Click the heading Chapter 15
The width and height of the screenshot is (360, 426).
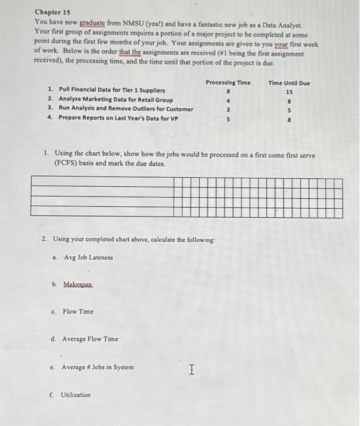tap(53, 12)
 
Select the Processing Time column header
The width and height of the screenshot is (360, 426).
tap(228, 83)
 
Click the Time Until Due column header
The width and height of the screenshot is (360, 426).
tap(289, 83)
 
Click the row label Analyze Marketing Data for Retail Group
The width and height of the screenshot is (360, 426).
tap(115, 100)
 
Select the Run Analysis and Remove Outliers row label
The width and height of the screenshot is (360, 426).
tap(125, 109)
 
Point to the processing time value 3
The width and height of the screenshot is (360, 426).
tap(228, 110)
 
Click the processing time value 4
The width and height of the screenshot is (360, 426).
tap(228, 100)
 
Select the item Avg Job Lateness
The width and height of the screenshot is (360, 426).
tap(88, 257)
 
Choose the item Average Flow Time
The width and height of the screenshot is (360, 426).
tap(90, 339)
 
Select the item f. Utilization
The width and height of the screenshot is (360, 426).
tap(75, 395)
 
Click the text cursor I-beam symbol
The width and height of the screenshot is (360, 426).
tap(191, 368)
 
